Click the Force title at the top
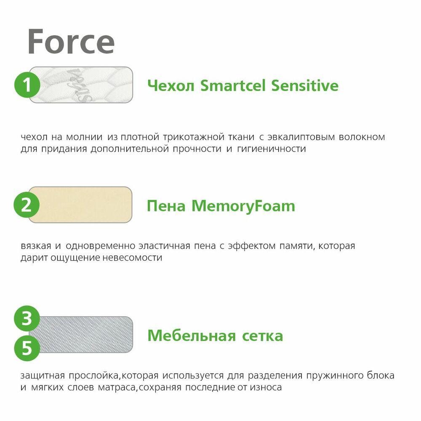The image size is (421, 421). [x=71, y=42]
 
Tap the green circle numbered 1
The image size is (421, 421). [x=27, y=85]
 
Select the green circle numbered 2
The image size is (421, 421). [x=27, y=205]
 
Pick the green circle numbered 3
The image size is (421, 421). [x=27, y=318]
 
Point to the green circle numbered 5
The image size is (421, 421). [x=27, y=348]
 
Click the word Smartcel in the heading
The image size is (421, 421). [x=233, y=85]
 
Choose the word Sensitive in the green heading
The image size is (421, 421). [x=305, y=85]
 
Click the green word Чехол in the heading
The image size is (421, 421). [x=171, y=86]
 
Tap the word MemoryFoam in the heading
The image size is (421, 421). [x=243, y=206]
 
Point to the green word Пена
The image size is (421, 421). [x=166, y=206]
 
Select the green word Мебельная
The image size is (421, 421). [x=192, y=336]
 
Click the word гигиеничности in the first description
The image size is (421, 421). [x=272, y=149]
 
